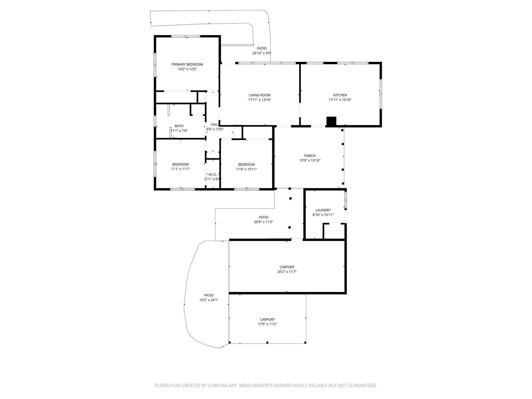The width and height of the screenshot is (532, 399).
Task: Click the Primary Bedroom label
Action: point(187,64)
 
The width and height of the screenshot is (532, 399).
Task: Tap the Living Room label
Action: point(260,95)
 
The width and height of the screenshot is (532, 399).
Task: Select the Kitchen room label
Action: point(340,95)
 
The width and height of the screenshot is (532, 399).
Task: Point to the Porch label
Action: point(310,156)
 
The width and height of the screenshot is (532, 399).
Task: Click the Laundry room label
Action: point(323,210)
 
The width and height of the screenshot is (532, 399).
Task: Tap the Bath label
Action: point(179,126)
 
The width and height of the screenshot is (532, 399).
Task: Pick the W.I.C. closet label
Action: point(213,175)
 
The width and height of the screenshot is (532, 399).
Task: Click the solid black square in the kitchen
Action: point(331,121)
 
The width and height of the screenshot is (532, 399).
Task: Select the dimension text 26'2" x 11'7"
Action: point(287,272)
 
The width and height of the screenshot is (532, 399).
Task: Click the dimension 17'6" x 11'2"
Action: point(267,324)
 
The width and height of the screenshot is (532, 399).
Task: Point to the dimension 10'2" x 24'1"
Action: point(209,300)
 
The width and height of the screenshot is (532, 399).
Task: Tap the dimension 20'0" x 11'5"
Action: point(263,222)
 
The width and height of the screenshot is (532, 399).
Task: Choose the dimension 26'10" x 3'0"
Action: point(262,53)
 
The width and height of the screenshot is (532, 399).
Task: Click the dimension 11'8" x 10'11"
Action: point(247,169)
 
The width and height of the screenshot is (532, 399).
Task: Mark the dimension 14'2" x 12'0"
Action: point(187,69)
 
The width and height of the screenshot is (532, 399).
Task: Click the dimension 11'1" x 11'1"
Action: point(180,169)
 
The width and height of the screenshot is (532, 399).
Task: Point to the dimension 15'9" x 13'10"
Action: point(310,161)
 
